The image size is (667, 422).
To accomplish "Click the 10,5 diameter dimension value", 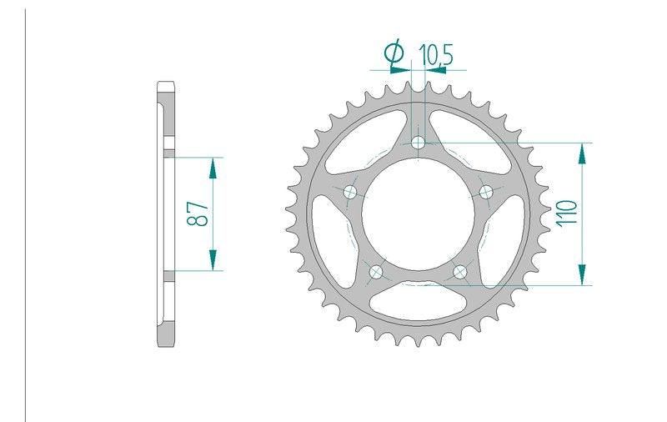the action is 436,55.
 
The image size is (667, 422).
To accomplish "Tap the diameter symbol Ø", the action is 394,52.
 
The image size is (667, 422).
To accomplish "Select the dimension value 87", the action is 198,214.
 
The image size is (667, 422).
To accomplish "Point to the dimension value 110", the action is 567,213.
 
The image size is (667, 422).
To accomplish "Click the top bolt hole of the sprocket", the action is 419,142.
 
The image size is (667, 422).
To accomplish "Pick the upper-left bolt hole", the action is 350,193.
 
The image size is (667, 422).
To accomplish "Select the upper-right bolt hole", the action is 486,192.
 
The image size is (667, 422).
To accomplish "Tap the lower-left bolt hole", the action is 376,271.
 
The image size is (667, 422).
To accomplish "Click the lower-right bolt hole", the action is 460,271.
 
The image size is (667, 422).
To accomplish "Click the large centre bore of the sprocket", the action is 418,214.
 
